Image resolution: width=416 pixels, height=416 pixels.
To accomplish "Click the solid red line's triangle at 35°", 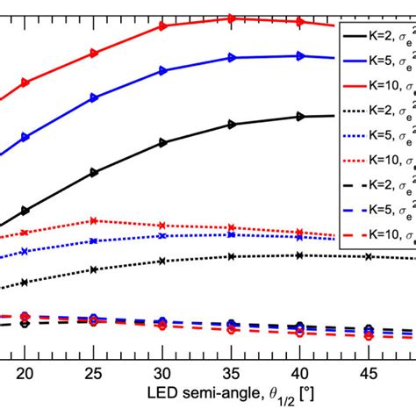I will click(x=231, y=18).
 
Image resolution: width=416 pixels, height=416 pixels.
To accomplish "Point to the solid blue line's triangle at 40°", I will click(x=299, y=56).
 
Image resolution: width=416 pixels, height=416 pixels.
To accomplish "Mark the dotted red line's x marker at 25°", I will click(x=93, y=221).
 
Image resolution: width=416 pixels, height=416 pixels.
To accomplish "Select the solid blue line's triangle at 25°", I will click(x=93, y=98).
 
